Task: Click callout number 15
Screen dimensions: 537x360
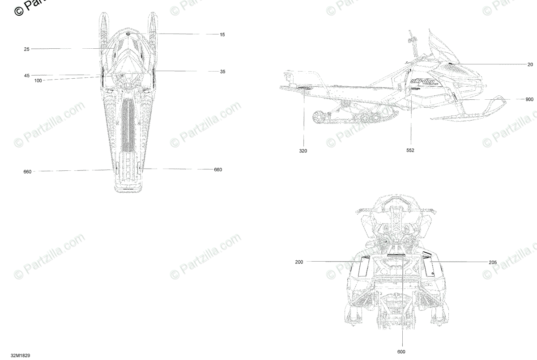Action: [x=222, y=34]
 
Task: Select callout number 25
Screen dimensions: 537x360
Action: [x=27, y=49]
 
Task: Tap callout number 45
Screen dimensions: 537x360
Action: [x=27, y=76]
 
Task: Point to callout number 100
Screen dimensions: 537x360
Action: [x=38, y=81]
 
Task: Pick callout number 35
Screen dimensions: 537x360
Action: [x=222, y=72]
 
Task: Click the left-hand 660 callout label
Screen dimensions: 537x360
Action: [x=27, y=172]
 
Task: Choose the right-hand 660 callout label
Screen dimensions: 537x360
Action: [x=217, y=169]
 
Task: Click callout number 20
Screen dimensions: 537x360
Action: [x=530, y=64]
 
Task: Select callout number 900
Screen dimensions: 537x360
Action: [x=529, y=99]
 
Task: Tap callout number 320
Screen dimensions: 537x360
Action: [x=303, y=151]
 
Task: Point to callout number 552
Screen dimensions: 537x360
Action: [x=410, y=151]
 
